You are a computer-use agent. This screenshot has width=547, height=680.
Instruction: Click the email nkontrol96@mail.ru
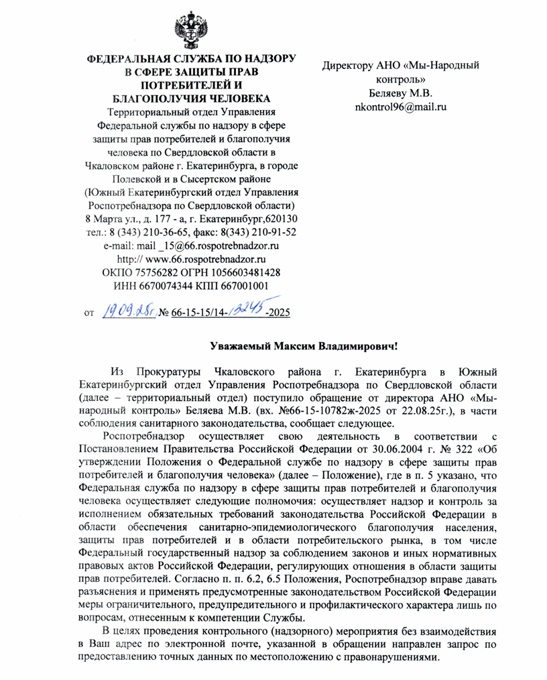click(x=400, y=106)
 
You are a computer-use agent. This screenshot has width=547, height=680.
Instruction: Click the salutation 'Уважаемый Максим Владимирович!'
click(x=304, y=347)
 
